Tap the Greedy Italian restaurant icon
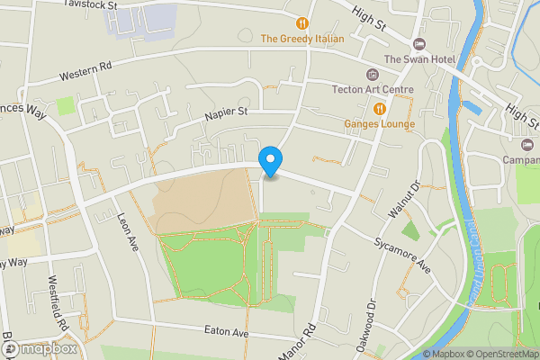pos(302,22)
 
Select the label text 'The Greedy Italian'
pos(302,39)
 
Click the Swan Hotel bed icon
pos(418,44)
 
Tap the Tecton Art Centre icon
pos(373,74)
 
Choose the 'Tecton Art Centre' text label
pos(372,89)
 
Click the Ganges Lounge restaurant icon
pos(380,108)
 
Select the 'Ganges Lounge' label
pos(379,123)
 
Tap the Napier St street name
pos(225,112)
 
